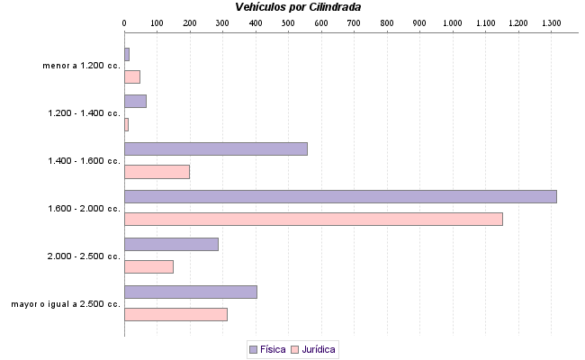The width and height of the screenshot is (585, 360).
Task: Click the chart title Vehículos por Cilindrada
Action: pos(298,7)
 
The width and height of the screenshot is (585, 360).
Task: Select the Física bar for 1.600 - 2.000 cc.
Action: pos(340,196)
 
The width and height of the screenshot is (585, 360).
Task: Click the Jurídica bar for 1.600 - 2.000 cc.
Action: pos(313,219)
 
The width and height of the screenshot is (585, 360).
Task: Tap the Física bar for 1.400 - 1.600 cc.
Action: pos(216,148)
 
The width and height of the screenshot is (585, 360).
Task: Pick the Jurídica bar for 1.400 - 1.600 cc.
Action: pos(157,171)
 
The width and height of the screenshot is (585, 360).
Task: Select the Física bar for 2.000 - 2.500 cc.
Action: pos(171,244)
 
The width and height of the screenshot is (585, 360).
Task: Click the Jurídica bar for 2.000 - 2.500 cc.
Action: pos(148,266)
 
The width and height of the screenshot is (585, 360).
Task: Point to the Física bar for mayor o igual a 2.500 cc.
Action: pos(191,292)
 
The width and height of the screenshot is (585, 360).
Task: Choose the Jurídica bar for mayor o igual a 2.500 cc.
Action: pos(175,314)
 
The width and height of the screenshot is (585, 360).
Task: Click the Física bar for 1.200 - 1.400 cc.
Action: pos(135,101)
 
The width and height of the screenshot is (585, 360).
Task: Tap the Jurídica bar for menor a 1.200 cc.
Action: pos(132,76)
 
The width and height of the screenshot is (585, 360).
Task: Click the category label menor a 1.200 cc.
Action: pos(81,66)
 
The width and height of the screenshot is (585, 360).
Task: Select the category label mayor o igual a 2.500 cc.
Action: pos(66,304)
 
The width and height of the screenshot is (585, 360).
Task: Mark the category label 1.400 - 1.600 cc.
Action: pos(84,161)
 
